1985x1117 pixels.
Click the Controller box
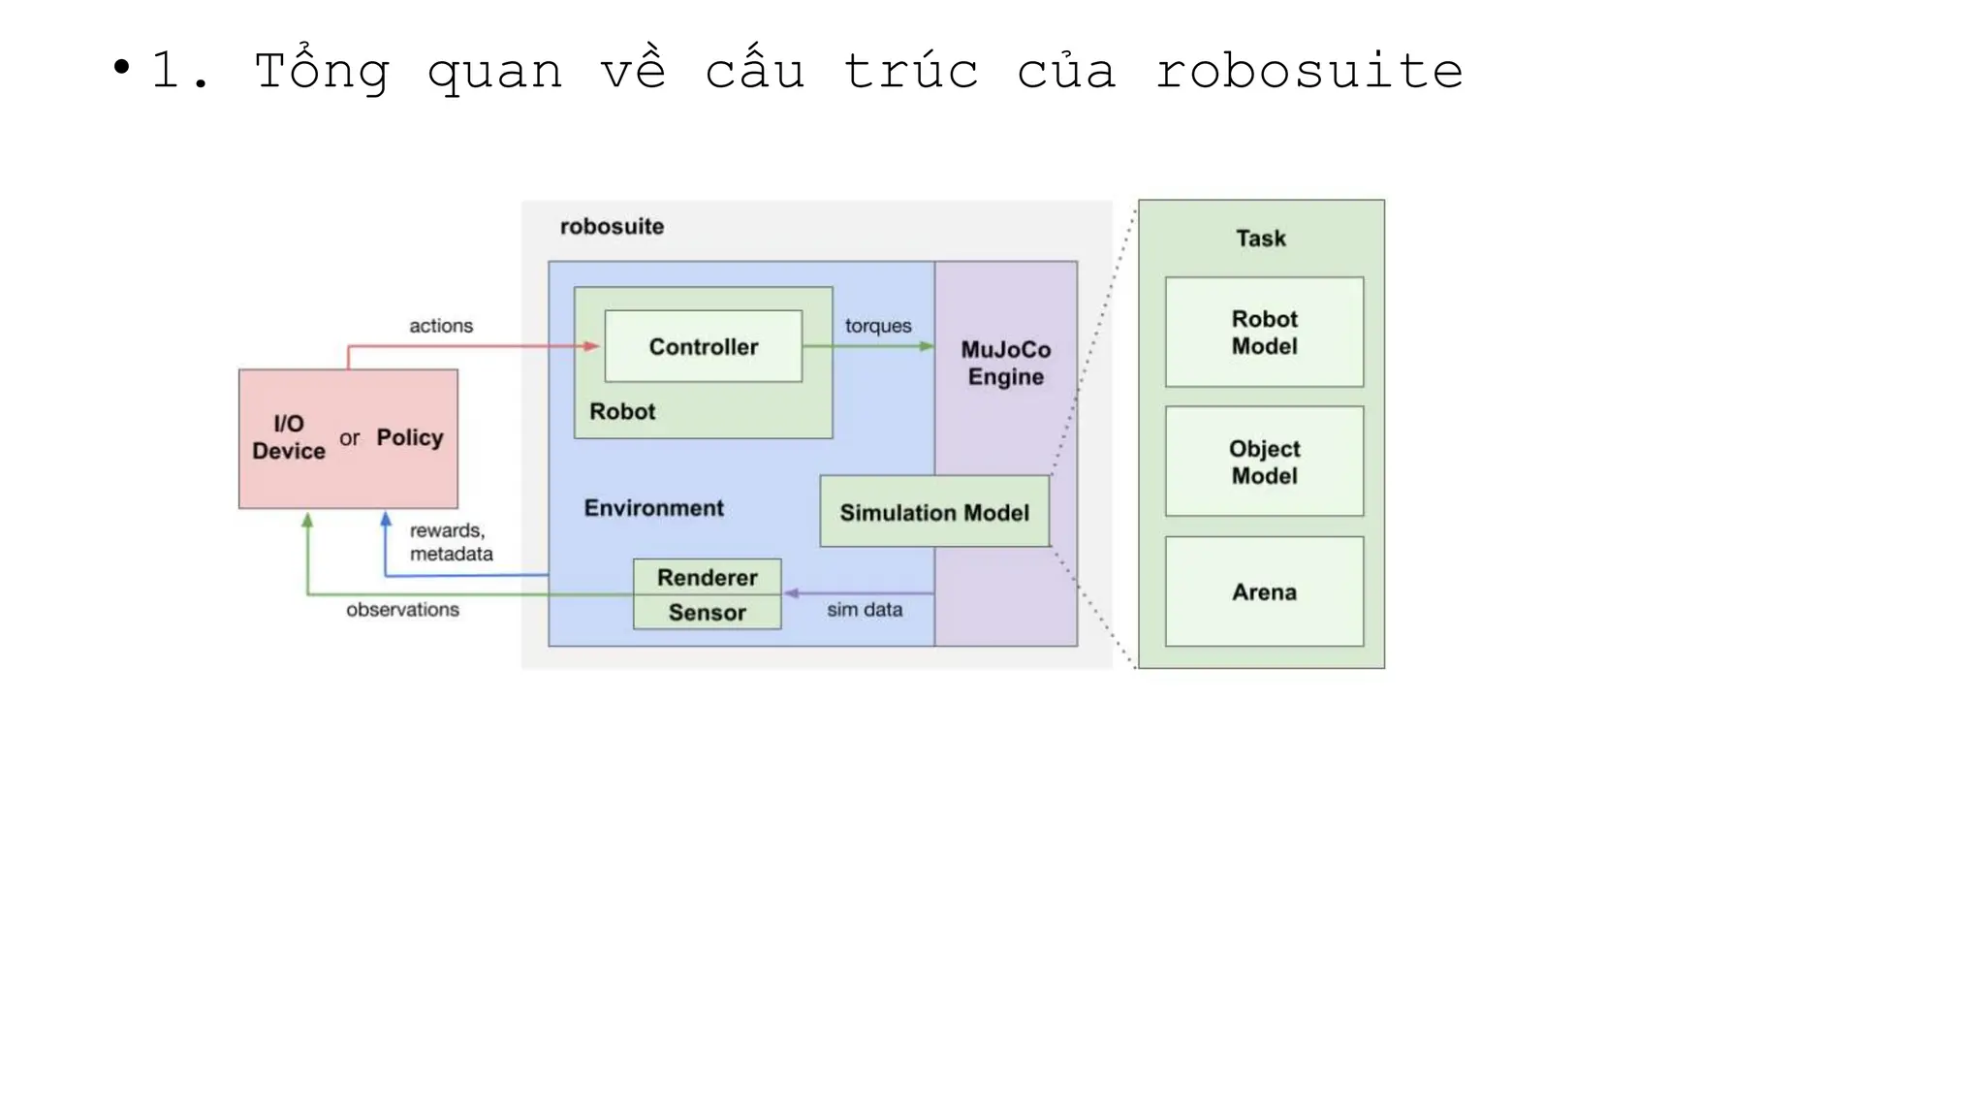pos(703,346)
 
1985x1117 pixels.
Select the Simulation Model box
pos(933,512)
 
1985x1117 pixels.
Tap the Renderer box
pos(707,577)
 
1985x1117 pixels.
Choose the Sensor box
pos(707,613)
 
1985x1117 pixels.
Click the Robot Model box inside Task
pos(1264,333)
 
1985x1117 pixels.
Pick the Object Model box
pos(1264,462)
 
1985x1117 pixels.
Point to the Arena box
pos(1264,591)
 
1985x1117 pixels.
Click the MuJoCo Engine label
pos(1005,363)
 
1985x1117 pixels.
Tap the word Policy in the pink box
pos(409,437)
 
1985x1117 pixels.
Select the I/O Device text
pos(288,437)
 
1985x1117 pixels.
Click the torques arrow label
pos(877,326)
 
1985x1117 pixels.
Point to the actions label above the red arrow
pos(440,326)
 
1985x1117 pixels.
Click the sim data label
pos(864,610)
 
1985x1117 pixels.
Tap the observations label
pos(402,610)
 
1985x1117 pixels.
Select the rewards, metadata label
pos(450,542)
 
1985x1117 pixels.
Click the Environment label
pos(653,508)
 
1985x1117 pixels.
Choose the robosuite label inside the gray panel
pos(612,226)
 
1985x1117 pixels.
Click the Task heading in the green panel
pos(1260,239)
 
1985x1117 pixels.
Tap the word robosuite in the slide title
pos(1308,71)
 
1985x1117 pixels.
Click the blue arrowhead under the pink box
pos(386,520)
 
